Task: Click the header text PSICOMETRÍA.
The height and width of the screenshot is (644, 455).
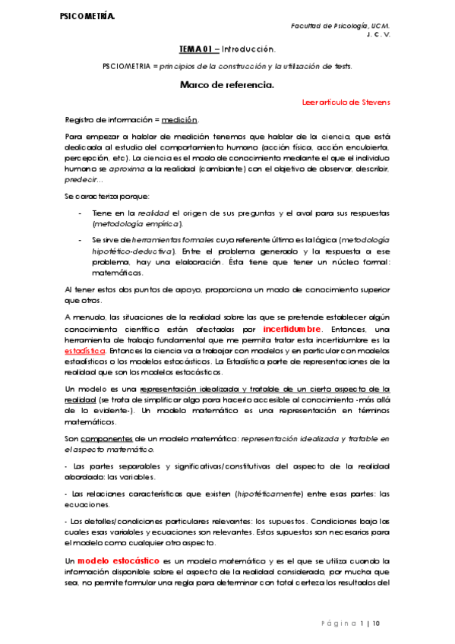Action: pyautogui.click(x=87, y=16)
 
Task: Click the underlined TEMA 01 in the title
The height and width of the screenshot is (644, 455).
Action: pyautogui.click(x=197, y=49)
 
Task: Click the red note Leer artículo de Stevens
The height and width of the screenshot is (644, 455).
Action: pyautogui.click(x=346, y=102)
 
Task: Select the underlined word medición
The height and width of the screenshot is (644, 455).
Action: pyautogui.click(x=180, y=120)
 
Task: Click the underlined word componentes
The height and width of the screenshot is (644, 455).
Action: pyautogui.click(x=103, y=440)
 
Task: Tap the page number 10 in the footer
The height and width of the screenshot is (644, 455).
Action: pyautogui.click(x=376, y=623)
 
